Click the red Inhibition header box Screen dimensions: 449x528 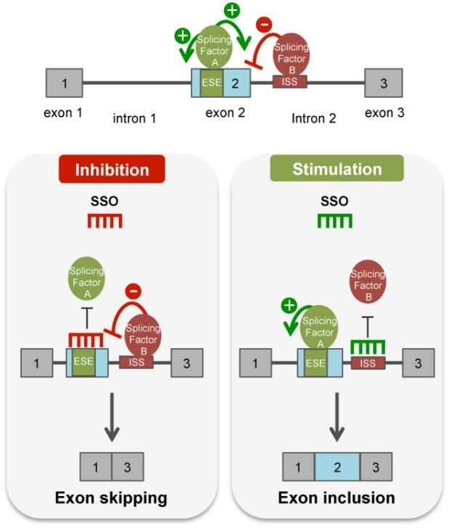click(112, 169)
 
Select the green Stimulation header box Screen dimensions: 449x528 click(337, 168)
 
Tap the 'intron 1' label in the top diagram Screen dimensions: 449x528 click(134, 118)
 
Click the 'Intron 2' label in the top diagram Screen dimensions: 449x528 click(313, 118)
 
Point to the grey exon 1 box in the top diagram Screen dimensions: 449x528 click(65, 83)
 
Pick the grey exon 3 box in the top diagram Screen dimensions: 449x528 click(384, 83)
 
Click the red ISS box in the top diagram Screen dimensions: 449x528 click(289, 81)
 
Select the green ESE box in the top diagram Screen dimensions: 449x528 click(212, 83)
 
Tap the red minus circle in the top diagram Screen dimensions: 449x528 click(264, 25)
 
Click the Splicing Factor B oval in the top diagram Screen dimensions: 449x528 click(292, 54)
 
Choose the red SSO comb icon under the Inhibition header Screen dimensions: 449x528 click(104, 221)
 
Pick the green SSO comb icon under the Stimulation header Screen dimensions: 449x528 click(335, 221)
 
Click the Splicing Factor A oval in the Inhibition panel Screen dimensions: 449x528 click(87, 279)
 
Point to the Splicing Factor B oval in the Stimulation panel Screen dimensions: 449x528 click(368, 281)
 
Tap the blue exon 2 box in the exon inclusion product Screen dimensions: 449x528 click(337, 467)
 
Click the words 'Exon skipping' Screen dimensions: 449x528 click(111, 498)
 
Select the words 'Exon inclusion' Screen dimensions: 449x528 click(337, 498)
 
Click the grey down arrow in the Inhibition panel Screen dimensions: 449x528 click(112, 417)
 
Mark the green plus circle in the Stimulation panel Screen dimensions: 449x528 click(289, 305)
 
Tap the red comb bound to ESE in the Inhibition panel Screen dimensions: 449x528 click(86, 340)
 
